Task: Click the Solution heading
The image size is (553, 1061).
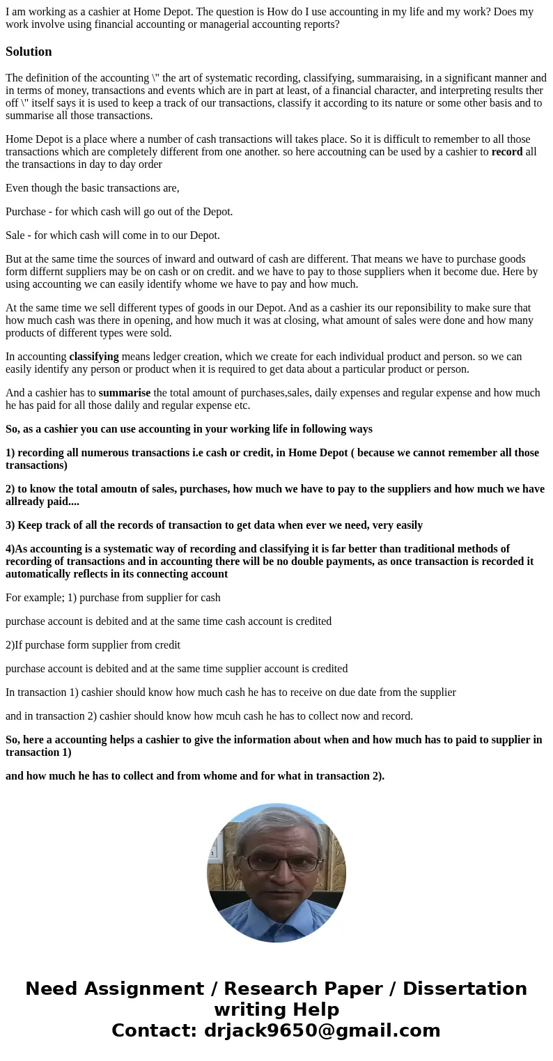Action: [x=29, y=52]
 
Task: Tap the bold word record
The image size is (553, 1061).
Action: [x=506, y=152]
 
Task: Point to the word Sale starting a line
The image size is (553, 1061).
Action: [x=17, y=235]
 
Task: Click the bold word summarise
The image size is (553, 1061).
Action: [x=124, y=393]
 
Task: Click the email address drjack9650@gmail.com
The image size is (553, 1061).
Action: [x=322, y=1031]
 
